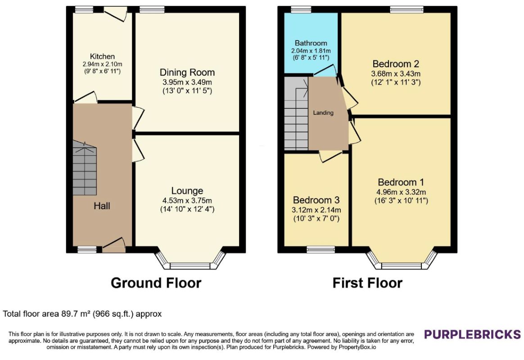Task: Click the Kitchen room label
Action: [102, 56]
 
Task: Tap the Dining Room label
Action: [187, 72]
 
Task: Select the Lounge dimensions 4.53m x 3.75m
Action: [187, 200]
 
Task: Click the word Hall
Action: [102, 206]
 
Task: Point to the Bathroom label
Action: [311, 43]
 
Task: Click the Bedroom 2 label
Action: [396, 64]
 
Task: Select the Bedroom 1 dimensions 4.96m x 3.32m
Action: [401, 192]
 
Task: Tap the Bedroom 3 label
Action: [316, 200]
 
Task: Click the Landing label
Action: [323, 113]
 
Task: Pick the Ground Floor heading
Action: [156, 283]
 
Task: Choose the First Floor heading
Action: [367, 283]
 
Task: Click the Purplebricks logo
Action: [472, 334]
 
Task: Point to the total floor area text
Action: [82, 314]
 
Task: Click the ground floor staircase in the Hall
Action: [85, 168]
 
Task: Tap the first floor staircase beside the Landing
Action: [296, 113]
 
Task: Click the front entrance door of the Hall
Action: [113, 245]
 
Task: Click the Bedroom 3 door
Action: [331, 156]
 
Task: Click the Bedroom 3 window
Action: [321, 249]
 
